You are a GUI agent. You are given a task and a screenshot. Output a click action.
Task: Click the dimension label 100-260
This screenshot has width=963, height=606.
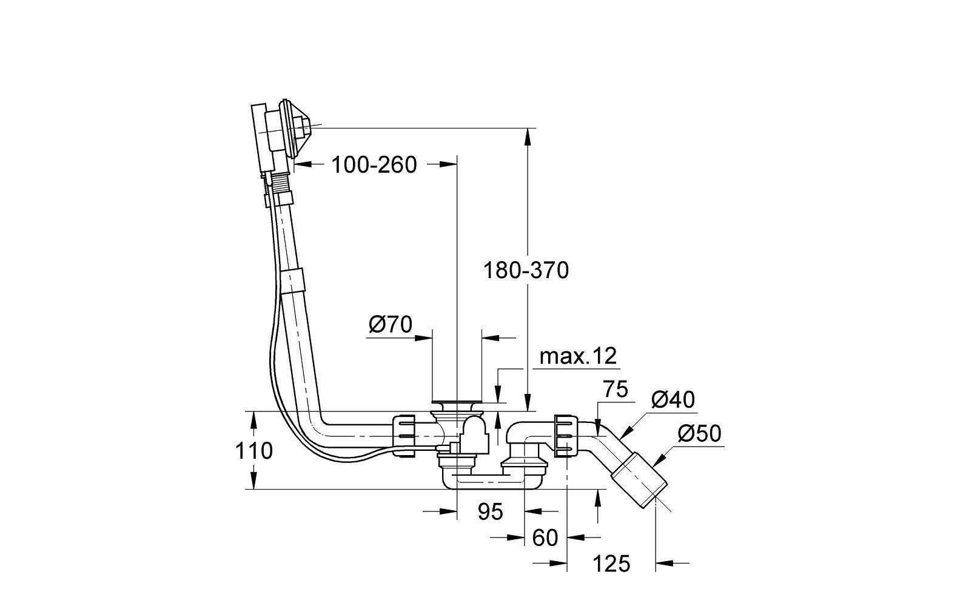[x=374, y=165]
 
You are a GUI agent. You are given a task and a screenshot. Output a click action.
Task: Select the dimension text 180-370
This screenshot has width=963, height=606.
[x=526, y=270]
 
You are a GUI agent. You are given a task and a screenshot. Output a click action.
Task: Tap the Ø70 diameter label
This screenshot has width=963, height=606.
[x=391, y=324]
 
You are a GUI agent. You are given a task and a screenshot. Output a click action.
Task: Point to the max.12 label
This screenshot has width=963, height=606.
[x=579, y=356]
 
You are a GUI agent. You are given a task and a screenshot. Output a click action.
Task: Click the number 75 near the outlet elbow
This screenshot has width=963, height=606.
[x=615, y=390]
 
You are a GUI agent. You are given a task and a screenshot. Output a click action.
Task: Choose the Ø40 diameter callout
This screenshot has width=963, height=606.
[x=673, y=400]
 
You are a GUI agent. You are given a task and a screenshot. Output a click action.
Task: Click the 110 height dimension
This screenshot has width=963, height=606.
[x=254, y=451]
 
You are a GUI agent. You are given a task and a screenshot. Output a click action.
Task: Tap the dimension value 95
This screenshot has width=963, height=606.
[x=491, y=511]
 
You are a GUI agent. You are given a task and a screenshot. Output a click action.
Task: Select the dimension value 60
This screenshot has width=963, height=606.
[x=545, y=538]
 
